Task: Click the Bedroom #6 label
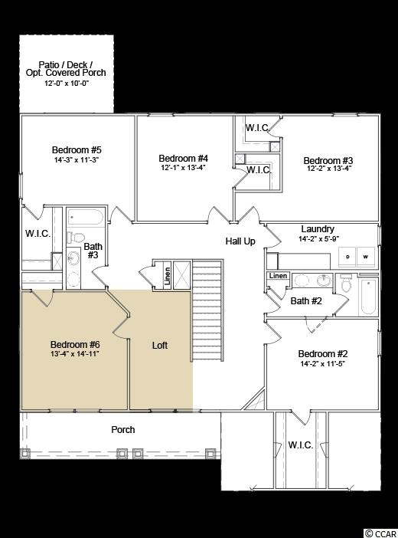point(75,344)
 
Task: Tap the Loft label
point(160,345)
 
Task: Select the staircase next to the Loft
point(207,310)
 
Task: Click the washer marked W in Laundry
point(366,256)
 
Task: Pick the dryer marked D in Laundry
point(347,256)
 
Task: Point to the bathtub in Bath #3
point(86,217)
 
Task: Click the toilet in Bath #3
point(77,237)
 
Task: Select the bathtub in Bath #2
point(368,296)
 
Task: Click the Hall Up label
point(240,241)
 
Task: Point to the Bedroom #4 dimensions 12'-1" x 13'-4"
point(183,168)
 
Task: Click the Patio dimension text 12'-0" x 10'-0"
point(67,84)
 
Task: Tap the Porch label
point(123,430)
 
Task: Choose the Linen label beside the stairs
point(168,277)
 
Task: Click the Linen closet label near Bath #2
point(278,276)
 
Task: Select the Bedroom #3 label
point(328,160)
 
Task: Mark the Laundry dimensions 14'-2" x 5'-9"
point(319,239)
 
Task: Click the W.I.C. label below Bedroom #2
point(301,445)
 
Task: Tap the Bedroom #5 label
point(77,150)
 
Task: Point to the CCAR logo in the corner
point(380,533)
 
